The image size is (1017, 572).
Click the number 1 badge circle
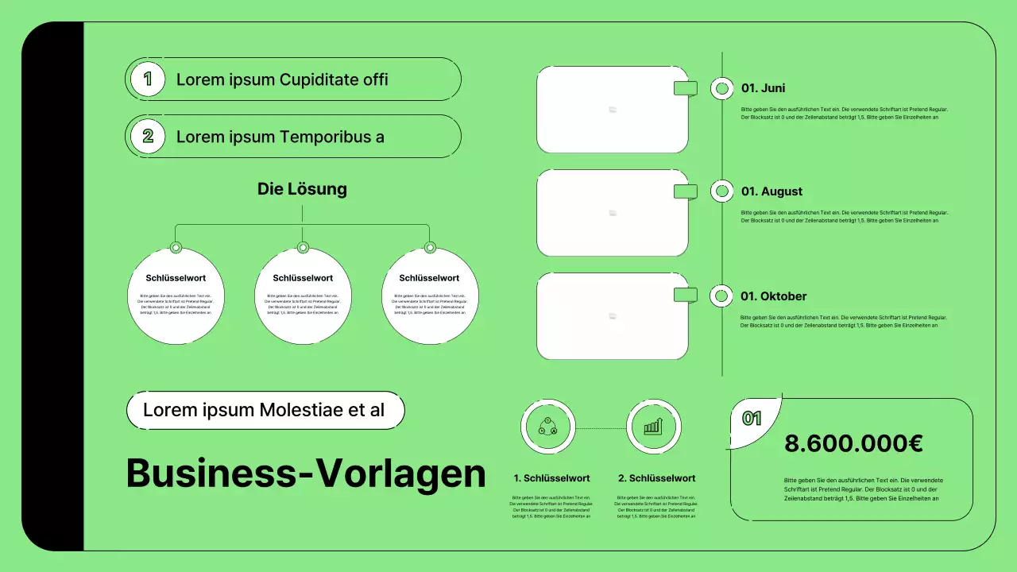pyautogui.click(x=147, y=79)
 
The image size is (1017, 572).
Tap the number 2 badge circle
pyautogui.click(x=147, y=136)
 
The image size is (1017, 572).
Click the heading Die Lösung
pyautogui.click(x=302, y=189)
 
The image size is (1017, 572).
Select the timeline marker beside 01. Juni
pyautogui.click(x=721, y=88)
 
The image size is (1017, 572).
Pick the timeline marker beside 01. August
pyautogui.click(x=721, y=191)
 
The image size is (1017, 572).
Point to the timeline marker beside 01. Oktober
pyautogui.click(x=721, y=296)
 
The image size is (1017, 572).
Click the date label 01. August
pyautogui.click(x=771, y=191)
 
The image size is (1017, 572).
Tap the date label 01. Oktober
pyautogui.click(x=773, y=296)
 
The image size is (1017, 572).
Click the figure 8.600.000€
pyautogui.click(x=853, y=443)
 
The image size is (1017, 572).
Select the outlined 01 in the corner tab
pyautogui.click(x=752, y=418)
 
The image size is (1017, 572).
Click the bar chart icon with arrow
pyautogui.click(x=653, y=427)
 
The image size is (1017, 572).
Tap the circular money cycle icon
pyautogui.click(x=547, y=427)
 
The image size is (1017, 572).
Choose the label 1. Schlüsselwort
pyautogui.click(x=551, y=478)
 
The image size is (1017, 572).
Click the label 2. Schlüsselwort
pyautogui.click(x=656, y=478)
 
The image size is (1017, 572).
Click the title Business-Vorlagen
pyautogui.click(x=306, y=473)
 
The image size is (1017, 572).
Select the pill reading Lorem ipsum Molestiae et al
pyautogui.click(x=265, y=411)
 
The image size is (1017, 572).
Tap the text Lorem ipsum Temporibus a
pyautogui.click(x=280, y=137)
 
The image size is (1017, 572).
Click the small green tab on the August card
pyautogui.click(x=685, y=191)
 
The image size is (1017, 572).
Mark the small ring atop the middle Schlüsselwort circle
pyautogui.click(x=303, y=248)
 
